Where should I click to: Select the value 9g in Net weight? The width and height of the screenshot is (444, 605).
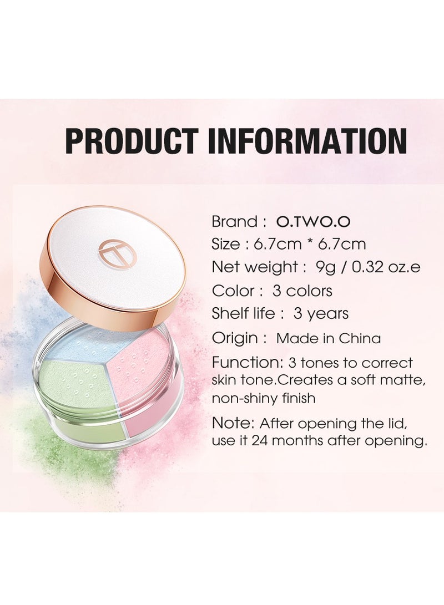(326, 267)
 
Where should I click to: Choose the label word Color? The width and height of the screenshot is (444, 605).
(230, 291)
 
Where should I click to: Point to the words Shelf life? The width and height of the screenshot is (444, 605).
(243, 313)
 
